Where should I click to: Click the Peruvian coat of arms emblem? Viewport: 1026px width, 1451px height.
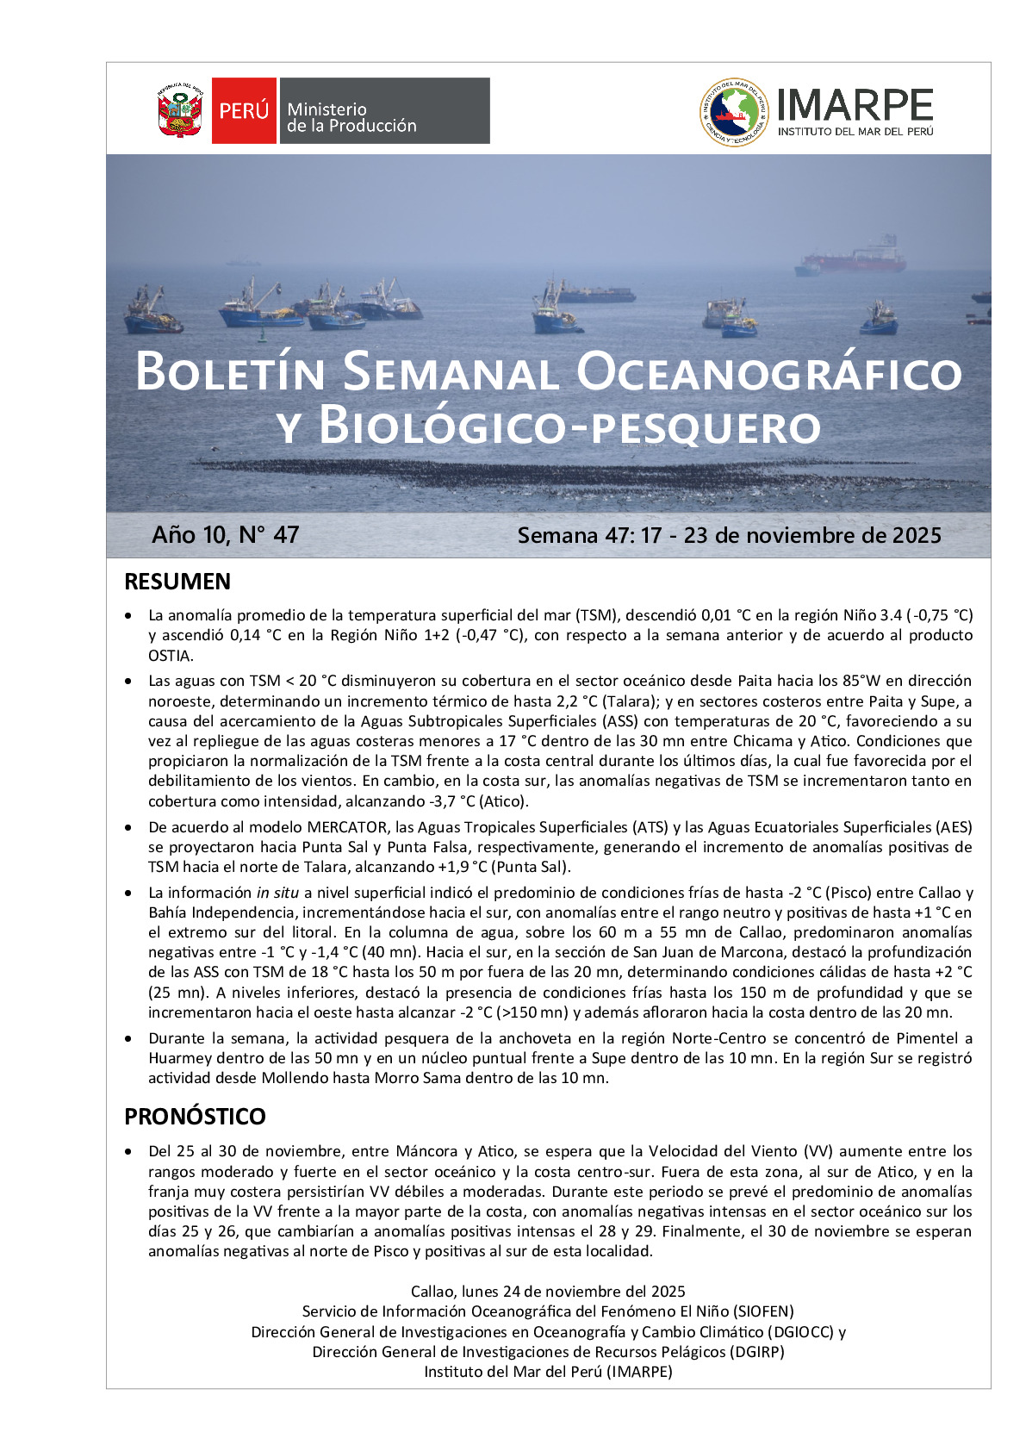pos(180,111)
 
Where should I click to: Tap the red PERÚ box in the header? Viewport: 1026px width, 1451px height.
pos(244,110)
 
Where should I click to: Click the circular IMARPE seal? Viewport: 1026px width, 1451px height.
pos(733,112)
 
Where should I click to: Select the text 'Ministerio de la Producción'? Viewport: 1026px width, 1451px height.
pos(351,118)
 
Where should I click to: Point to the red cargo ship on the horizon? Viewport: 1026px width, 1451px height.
pos(855,258)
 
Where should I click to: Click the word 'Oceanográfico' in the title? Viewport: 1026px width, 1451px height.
pos(768,373)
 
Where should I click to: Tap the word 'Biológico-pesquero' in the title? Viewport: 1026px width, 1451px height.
pos(569,427)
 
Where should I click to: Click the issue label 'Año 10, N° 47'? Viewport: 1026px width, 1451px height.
pos(226,535)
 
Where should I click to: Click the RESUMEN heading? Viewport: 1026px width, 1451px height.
pos(177,582)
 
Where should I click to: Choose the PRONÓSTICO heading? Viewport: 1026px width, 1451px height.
pos(195,1117)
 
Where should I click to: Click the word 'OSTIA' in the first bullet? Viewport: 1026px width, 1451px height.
pos(169,656)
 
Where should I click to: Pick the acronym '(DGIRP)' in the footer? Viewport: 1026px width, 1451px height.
pos(756,1352)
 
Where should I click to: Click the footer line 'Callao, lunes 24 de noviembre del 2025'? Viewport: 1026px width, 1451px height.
pos(548,1292)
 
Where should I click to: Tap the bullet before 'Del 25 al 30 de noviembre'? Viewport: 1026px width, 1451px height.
pos(129,1152)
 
